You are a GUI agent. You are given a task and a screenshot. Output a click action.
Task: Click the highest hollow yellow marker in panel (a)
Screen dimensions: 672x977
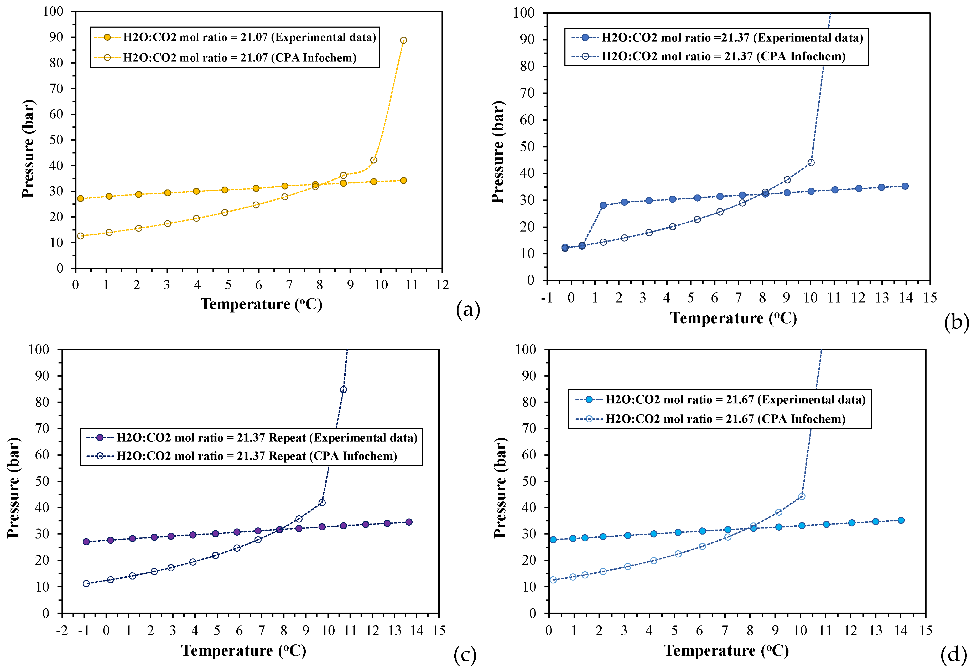pos(403,40)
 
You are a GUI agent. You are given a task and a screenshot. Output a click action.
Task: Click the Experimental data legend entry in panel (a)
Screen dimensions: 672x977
pos(249,38)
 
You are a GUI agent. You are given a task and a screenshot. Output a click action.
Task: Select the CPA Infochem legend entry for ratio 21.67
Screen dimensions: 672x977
pos(725,419)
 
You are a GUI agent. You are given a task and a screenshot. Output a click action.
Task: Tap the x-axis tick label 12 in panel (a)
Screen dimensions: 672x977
pos(442,285)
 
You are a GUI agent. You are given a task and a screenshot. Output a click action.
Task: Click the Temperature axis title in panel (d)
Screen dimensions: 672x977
pos(726,650)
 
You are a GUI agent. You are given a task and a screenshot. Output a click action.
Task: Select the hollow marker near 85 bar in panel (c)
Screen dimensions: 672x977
pos(343,389)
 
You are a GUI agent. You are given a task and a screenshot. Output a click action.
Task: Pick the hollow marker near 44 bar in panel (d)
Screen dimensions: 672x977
pos(802,496)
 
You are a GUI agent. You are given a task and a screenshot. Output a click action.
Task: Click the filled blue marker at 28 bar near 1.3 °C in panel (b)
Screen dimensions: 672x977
pos(603,206)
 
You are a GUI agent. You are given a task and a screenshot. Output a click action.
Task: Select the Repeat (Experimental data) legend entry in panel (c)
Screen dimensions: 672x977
pos(266,438)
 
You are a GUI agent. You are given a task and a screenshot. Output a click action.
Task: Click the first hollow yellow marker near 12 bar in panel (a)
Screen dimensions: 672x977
pos(80,236)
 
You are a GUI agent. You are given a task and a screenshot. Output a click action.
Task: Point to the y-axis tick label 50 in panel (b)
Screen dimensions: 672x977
pos(527,147)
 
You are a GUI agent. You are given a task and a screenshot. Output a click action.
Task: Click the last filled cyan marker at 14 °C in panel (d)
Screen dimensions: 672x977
pos(901,520)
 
